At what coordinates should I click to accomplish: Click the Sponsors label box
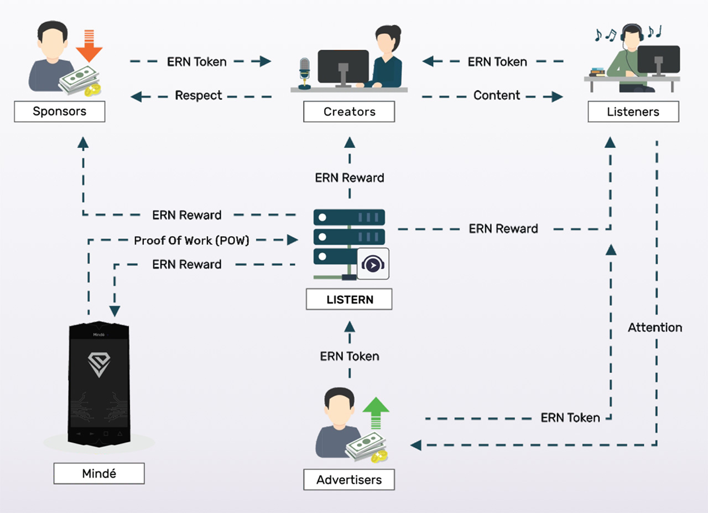pyautogui.click(x=60, y=112)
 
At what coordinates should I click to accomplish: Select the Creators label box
pyautogui.click(x=349, y=112)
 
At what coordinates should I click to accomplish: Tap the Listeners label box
pyautogui.click(x=633, y=112)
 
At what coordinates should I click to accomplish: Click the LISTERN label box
pyautogui.click(x=349, y=300)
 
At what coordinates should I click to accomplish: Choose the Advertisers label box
pyautogui.click(x=349, y=480)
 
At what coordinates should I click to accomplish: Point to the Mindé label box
pyautogui.click(x=99, y=474)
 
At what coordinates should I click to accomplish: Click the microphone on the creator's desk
pyautogui.click(x=304, y=72)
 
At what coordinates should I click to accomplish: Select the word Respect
pyautogui.click(x=199, y=96)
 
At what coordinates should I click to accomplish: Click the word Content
pyautogui.click(x=497, y=96)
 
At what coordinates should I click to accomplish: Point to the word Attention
pyautogui.click(x=655, y=328)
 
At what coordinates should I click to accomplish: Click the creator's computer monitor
pyautogui.click(x=343, y=66)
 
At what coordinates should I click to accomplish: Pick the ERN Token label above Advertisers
pyautogui.click(x=350, y=357)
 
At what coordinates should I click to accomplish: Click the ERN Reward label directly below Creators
pyautogui.click(x=350, y=178)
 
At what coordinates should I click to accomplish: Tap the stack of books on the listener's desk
pyautogui.click(x=597, y=72)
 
